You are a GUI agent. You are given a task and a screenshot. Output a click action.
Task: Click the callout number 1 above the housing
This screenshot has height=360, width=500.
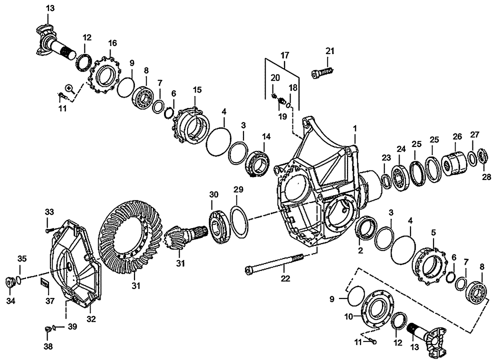pos(354,128)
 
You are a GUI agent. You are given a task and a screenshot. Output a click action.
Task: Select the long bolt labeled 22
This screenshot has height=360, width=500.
pos(275,263)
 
